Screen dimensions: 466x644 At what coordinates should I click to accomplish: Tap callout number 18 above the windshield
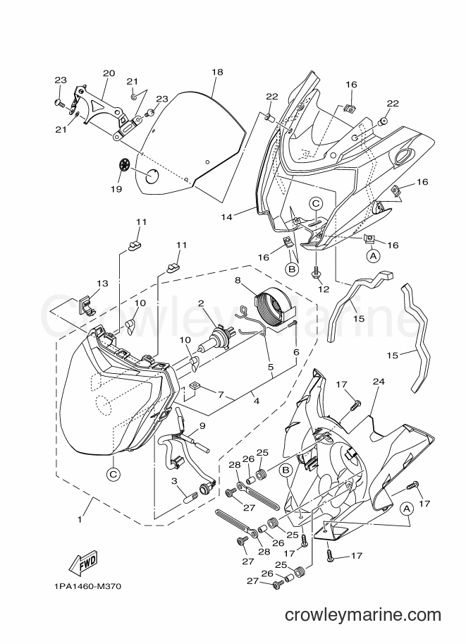pos(217,72)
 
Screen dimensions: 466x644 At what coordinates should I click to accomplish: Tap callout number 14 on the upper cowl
pos(226,217)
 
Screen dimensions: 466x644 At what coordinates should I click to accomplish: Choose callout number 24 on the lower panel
pos(379,382)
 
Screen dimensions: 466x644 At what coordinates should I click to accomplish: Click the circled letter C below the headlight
pos(114,475)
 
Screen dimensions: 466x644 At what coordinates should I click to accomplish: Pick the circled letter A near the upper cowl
pos(373,256)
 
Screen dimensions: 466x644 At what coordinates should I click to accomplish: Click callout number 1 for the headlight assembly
pos(80,519)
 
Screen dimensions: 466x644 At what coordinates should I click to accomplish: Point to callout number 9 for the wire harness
pos(202,426)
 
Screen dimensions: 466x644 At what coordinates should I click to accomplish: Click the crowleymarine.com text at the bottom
pos(362,615)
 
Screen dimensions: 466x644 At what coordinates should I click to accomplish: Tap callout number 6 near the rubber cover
pos(296,352)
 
